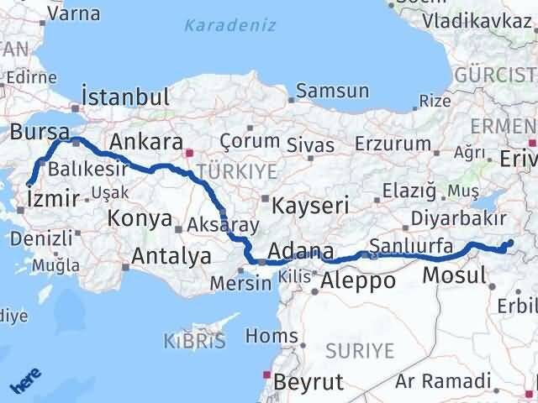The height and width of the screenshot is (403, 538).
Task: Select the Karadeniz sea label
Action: point(230,25)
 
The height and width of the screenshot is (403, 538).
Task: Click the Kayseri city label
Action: point(311,204)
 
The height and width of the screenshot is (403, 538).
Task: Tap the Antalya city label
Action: point(171,256)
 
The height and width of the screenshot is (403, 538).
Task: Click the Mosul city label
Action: point(454,275)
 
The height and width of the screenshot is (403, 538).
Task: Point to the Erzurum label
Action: point(394,144)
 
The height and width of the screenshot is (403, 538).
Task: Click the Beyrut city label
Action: point(309,381)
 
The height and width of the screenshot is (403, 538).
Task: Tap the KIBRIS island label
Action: point(195,341)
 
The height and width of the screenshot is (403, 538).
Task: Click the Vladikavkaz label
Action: point(476,20)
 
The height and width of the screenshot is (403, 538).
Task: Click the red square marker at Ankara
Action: point(190,154)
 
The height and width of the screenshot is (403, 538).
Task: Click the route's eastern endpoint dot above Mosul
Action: point(509,244)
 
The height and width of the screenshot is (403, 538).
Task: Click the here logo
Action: point(25,383)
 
